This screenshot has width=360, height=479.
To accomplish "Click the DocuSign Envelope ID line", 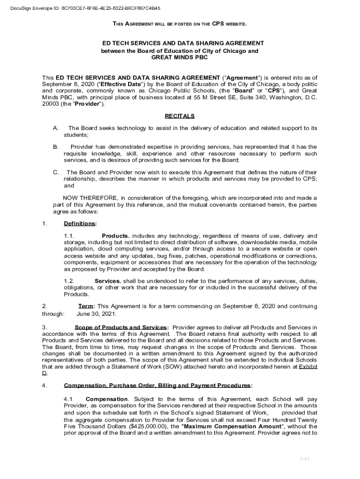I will click(82, 8).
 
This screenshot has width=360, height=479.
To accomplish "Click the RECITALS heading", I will click(180, 116).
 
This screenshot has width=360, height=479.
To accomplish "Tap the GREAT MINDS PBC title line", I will click(180, 57).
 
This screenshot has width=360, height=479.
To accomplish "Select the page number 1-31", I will click(305, 458).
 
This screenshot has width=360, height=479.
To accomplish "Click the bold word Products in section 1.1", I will click(115, 236).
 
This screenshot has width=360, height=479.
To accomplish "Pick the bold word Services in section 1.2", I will click(108, 281).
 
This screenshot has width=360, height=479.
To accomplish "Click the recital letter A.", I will click(56, 128).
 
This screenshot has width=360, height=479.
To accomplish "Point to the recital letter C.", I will click(56, 172).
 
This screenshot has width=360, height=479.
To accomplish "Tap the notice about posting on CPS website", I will click(180, 23).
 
